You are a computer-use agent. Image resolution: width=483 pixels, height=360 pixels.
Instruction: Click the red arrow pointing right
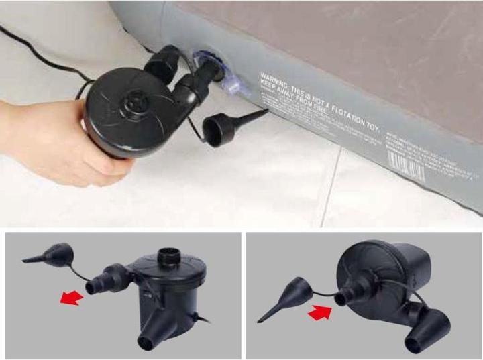[321, 312]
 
